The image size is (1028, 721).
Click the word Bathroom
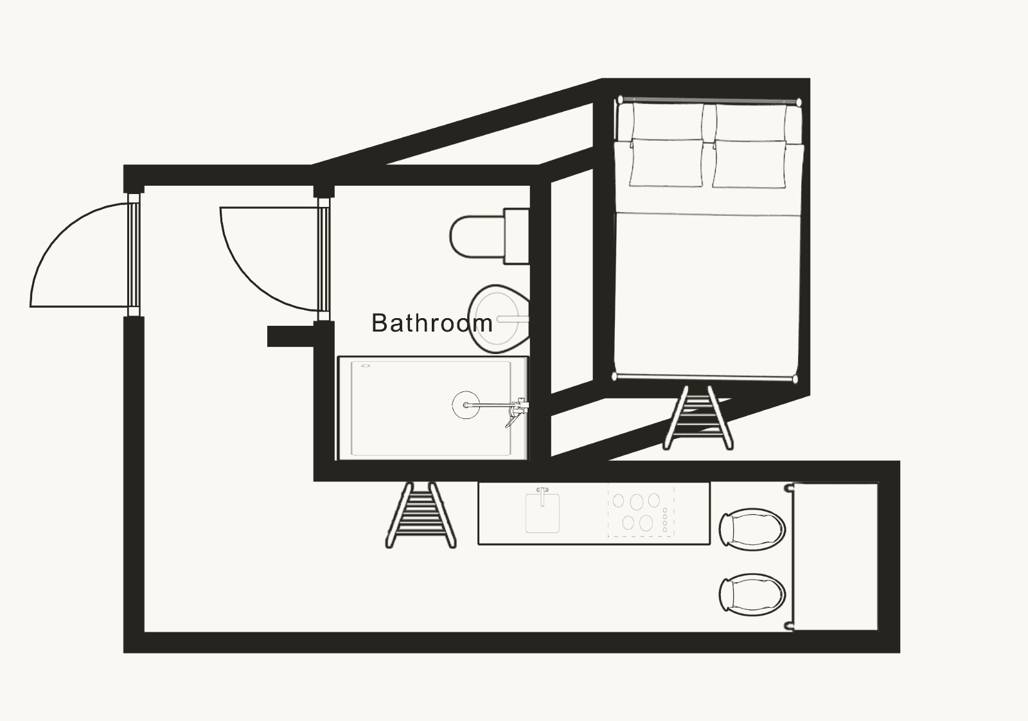(432, 323)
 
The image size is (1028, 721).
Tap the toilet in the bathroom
(489, 236)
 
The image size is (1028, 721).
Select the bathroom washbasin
(499, 319)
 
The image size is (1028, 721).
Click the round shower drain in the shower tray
(466, 405)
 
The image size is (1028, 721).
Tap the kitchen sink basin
(542, 513)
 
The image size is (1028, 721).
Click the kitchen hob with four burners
(641, 512)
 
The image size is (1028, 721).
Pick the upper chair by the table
(752, 529)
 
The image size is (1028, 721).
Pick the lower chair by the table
(752, 594)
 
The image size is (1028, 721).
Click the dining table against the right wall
(835, 556)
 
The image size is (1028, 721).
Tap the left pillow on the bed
(666, 163)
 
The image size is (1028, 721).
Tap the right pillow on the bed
(749, 164)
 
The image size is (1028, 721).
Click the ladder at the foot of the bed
(698, 418)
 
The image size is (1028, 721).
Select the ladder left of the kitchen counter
(421, 515)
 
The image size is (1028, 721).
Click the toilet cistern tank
(517, 236)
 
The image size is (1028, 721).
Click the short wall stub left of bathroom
(290, 336)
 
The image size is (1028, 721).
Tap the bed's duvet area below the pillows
(707, 294)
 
